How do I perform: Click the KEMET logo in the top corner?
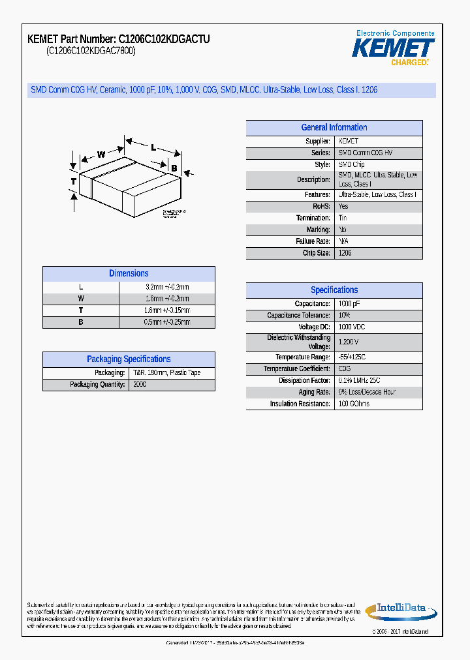(393, 48)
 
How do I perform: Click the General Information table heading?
(334, 128)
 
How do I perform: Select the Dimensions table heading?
(129, 274)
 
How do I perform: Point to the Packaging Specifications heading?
(129, 359)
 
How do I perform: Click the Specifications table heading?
(334, 290)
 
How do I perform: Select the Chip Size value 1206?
(345, 253)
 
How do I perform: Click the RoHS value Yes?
(343, 206)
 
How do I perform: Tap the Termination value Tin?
(343, 218)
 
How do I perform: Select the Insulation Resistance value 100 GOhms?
(354, 404)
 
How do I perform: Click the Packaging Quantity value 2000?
(140, 385)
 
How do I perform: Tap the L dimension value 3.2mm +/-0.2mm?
(167, 287)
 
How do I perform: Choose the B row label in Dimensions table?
(81, 322)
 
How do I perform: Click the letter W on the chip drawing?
(101, 155)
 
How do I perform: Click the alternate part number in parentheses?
(91, 52)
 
